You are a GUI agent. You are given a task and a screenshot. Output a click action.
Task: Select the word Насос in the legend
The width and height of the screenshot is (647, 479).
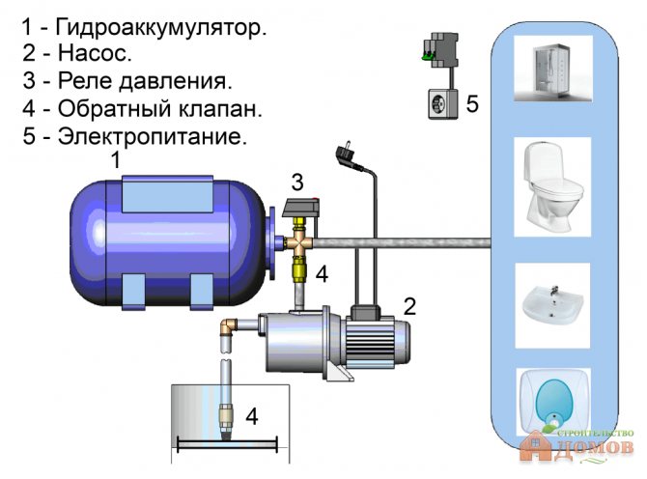pyautogui.click(x=95, y=53)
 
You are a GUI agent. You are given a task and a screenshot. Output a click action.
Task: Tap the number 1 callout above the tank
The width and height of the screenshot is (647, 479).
pyautogui.click(x=115, y=161)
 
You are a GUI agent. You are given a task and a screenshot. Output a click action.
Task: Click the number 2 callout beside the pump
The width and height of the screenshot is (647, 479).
pyautogui.click(x=410, y=307)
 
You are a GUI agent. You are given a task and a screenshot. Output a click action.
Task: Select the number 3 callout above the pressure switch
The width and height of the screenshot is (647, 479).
pyautogui.click(x=297, y=181)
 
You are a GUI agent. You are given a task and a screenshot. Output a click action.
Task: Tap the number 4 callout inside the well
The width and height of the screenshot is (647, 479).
pyautogui.click(x=252, y=417)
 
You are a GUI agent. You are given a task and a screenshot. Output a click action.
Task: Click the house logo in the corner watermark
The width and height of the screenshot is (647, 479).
pyautogui.click(x=538, y=446)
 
